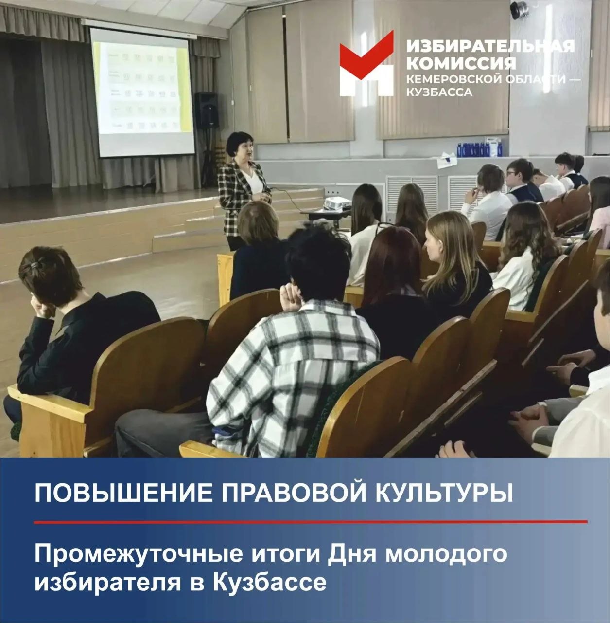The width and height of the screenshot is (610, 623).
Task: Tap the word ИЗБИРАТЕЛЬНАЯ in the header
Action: click(x=490, y=46)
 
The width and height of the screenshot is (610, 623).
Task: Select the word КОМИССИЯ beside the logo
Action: click(x=461, y=63)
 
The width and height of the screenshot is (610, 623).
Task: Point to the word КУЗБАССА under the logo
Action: click(x=439, y=92)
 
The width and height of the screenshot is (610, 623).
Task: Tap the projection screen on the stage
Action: click(x=142, y=92)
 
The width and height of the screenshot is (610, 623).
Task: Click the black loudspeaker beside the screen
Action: click(x=207, y=110)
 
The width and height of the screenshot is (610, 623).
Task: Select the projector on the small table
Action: click(x=337, y=203)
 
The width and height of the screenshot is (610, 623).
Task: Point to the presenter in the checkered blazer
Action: click(x=243, y=187)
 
